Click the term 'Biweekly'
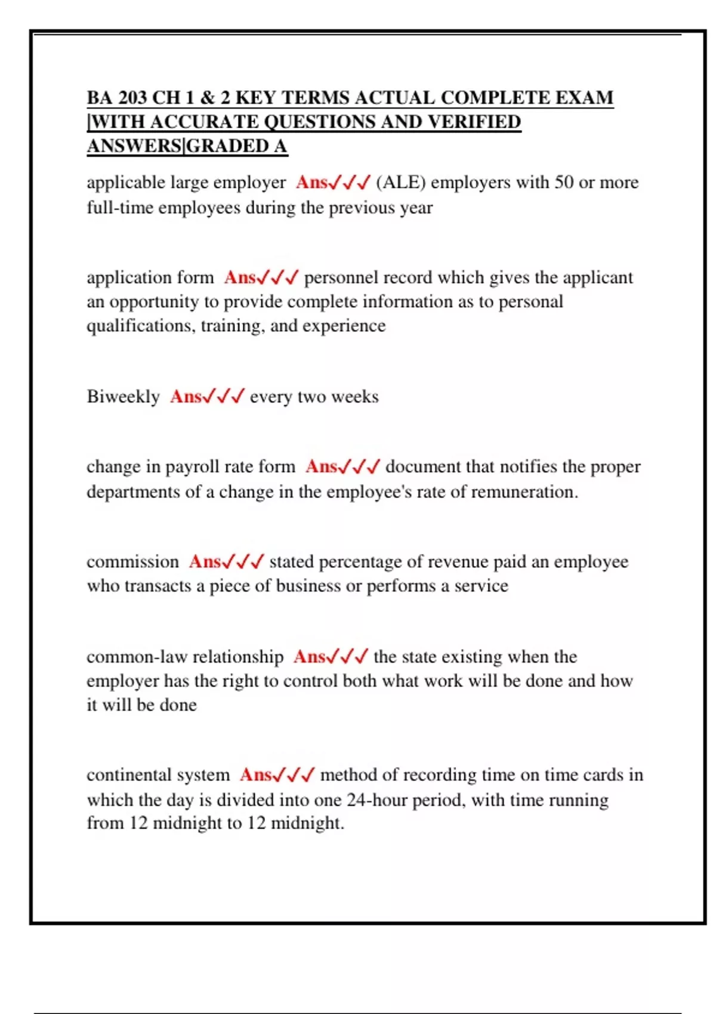point(123,397)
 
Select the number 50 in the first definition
point(564,182)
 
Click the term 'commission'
point(132,562)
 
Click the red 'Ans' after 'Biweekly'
point(186,397)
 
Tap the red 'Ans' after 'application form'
point(240,277)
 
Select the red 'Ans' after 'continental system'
point(255,775)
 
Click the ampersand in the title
point(207,97)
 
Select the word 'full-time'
point(120,208)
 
